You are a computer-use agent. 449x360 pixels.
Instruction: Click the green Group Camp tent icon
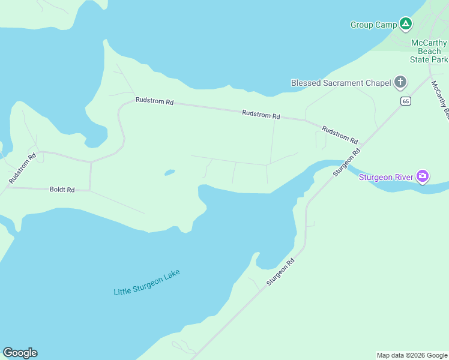(406, 24)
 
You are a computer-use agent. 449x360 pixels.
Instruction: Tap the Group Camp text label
(374, 25)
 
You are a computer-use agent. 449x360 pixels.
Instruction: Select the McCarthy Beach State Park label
(429, 51)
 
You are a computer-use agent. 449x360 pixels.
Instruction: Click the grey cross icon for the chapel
(400, 83)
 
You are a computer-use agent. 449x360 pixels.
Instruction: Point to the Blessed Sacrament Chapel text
(340, 83)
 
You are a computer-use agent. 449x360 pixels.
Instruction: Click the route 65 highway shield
(406, 101)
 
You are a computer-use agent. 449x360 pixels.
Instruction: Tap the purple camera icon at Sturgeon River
(423, 176)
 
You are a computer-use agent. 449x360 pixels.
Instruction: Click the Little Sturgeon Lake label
(146, 282)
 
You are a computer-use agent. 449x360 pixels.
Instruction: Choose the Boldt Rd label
(62, 190)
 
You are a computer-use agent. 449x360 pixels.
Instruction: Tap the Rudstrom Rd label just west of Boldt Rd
(23, 167)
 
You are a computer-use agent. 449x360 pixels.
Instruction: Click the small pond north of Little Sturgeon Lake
(169, 173)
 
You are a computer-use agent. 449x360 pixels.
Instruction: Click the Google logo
(20, 352)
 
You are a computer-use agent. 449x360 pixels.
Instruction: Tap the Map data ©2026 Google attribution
(411, 355)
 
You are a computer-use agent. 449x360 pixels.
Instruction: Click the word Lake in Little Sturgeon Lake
(170, 275)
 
